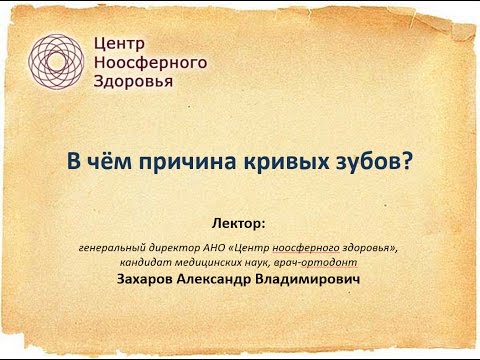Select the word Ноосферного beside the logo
(x=149, y=62)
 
